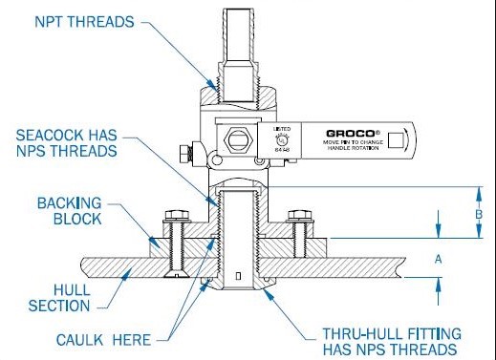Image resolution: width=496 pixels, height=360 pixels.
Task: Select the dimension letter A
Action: tap(439, 258)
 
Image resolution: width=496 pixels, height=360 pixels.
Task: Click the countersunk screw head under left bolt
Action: tap(174, 277)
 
